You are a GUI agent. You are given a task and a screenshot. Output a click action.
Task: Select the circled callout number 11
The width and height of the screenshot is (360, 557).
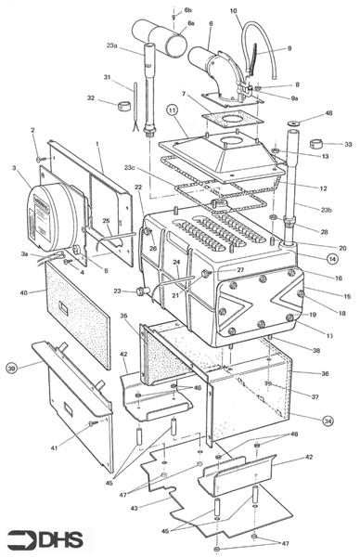172,110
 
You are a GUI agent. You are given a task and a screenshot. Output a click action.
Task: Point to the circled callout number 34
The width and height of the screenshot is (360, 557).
328,420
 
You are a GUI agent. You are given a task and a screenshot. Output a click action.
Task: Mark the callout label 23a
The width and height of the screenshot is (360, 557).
111,45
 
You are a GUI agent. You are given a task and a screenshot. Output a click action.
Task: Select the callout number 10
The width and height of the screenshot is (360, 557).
233,11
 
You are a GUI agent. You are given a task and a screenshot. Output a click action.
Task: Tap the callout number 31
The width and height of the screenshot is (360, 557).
108,77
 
